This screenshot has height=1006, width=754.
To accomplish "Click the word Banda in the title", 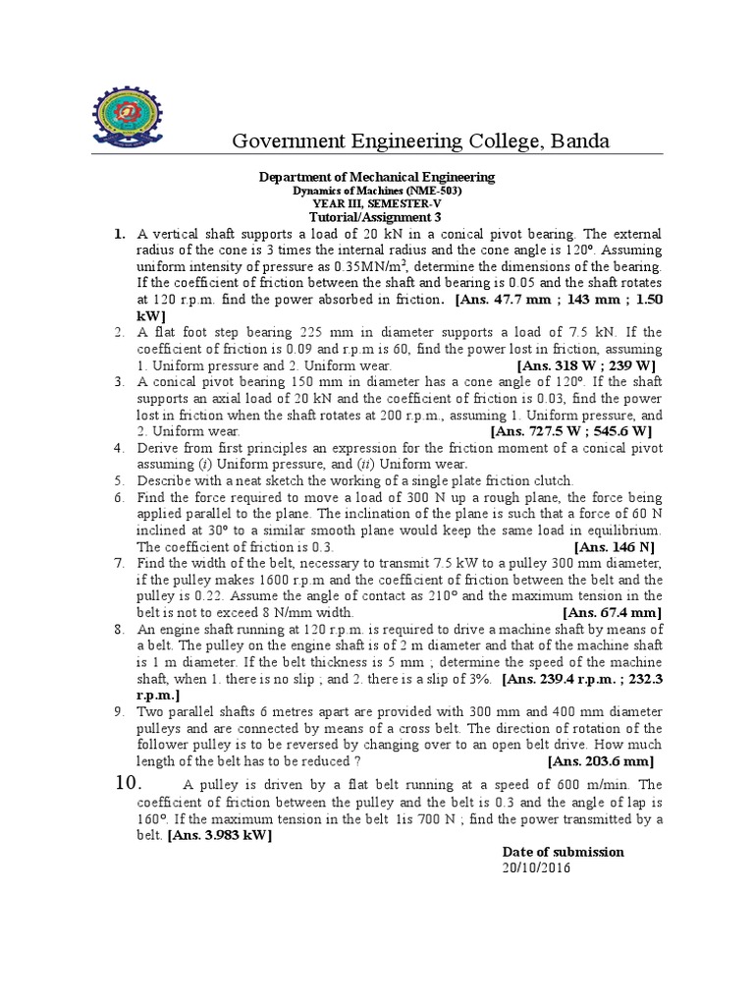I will [x=578, y=141].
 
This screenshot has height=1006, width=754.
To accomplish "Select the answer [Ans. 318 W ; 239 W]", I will [x=585, y=365].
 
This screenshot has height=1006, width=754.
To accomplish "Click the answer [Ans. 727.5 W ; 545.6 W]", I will [x=571, y=430].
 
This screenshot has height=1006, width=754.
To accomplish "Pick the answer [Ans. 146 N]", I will [x=614, y=546].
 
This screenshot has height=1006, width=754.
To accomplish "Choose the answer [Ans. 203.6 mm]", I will [x=600, y=760].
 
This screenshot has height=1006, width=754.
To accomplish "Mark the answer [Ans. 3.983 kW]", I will [x=220, y=835].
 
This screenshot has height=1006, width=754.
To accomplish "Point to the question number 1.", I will [x=118, y=234].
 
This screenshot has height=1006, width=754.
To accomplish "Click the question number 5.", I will [x=118, y=480].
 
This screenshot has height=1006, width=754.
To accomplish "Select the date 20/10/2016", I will [x=536, y=867].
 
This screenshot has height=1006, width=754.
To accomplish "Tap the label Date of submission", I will [x=563, y=852].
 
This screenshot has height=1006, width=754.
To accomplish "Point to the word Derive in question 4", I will [x=157, y=448].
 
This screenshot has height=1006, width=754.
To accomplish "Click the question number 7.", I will [x=118, y=563].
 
